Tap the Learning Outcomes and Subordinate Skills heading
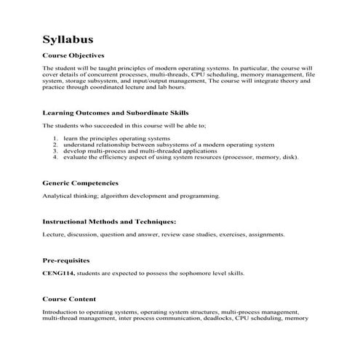pos(116,113)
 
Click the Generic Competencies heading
pos(80,183)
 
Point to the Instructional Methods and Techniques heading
pos(109,221)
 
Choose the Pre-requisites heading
pos(66,260)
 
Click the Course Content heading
pos(69,299)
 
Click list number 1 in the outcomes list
pos(57,137)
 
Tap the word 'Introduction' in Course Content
pos(60,312)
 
